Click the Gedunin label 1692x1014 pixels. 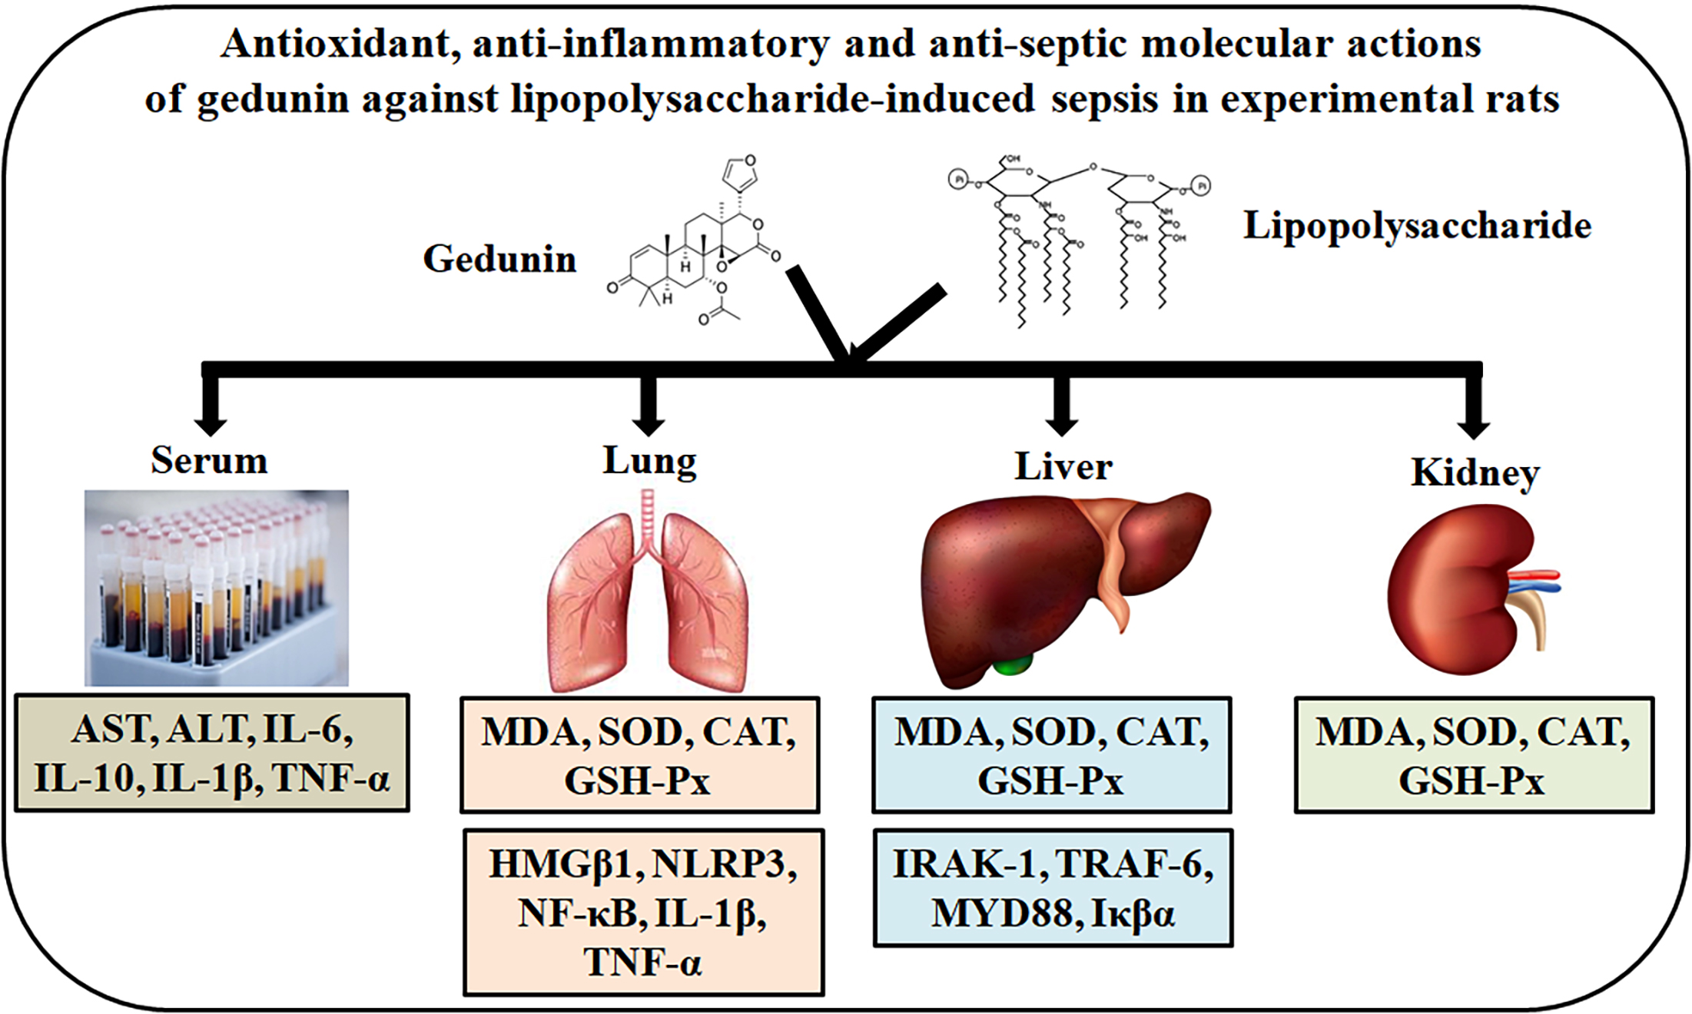coord(499,259)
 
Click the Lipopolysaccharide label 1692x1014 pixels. coord(1417,226)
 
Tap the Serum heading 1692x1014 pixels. coord(209,460)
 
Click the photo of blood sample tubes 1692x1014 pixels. coord(216,588)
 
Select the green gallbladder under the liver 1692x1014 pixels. coord(1012,664)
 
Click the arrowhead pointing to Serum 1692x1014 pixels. coord(210,425)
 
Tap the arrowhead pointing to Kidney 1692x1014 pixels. coord(1473,429)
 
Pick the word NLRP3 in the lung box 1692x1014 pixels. coord(725,865)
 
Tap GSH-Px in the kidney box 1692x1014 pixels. coord(1471,781)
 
